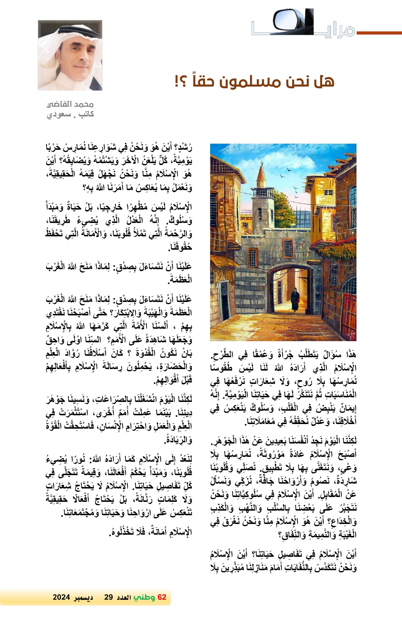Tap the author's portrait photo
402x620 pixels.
pos(70,55)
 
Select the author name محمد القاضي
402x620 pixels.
pos(70,104)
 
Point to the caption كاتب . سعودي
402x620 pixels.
pos(70,114)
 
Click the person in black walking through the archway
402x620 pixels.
pos(294,300)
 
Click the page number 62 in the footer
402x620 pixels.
pos(162,597)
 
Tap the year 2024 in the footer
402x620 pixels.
pos(61,597)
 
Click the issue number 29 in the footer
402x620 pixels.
pos(108,597)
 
